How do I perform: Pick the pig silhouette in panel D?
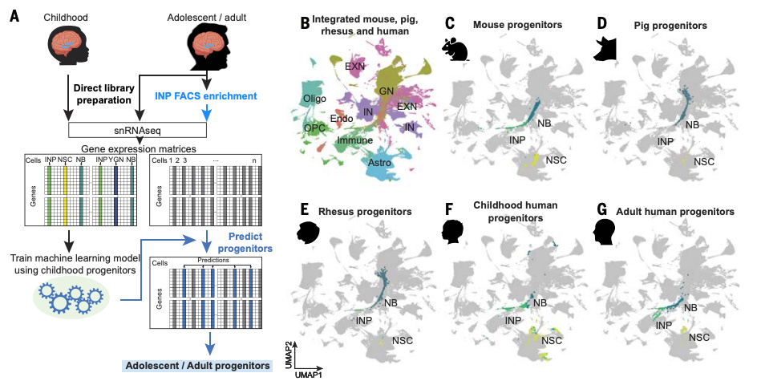[x=605, y=49]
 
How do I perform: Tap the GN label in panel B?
[x=387, y=91]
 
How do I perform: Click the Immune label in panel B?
[x=353, y=140]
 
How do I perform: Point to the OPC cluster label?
[x=314, y=128]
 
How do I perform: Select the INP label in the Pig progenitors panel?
[x=666, y=141]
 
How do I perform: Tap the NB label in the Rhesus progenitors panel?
[x=392, y=302]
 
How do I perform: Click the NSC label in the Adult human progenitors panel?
[x=700, y=337]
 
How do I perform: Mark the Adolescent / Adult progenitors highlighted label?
[x=196, y=366]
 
